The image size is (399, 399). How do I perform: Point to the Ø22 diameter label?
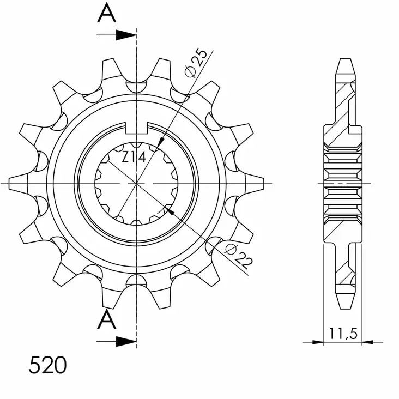pos(239,256)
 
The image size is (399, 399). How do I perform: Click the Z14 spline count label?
pos(133,158)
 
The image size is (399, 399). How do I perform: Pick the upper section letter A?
pos(107,14)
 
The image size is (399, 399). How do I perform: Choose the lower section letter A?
pos(107,322)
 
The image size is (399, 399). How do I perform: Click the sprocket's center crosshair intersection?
pos(136,184)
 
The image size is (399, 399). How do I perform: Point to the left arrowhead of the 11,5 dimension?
pos(318,342)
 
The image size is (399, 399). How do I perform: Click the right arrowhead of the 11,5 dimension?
pos(368,342)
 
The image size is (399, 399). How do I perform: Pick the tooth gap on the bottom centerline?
pos(136,281)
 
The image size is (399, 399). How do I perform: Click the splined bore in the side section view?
pos(343,184)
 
